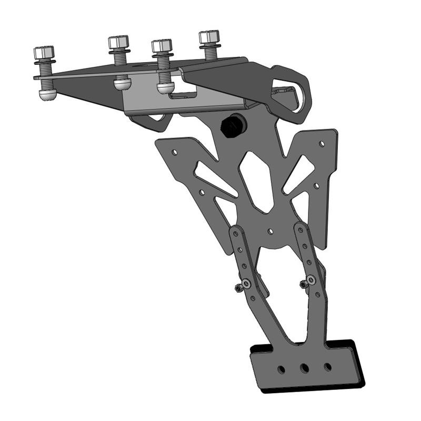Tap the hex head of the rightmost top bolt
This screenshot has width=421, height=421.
tap(209, 37)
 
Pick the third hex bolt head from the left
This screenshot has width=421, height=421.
tap(162, 46)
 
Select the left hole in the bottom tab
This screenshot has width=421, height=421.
tap(282, 368)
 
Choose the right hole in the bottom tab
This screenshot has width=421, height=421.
tap(327, 366)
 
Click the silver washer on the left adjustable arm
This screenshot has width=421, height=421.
tap(245, 284)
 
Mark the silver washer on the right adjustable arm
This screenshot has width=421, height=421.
tap(312, 280)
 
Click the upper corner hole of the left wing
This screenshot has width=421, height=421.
tap(175, 153)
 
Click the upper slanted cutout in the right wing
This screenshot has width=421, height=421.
tap(298, 174)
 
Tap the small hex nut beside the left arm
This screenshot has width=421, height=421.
tap(237, 287)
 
